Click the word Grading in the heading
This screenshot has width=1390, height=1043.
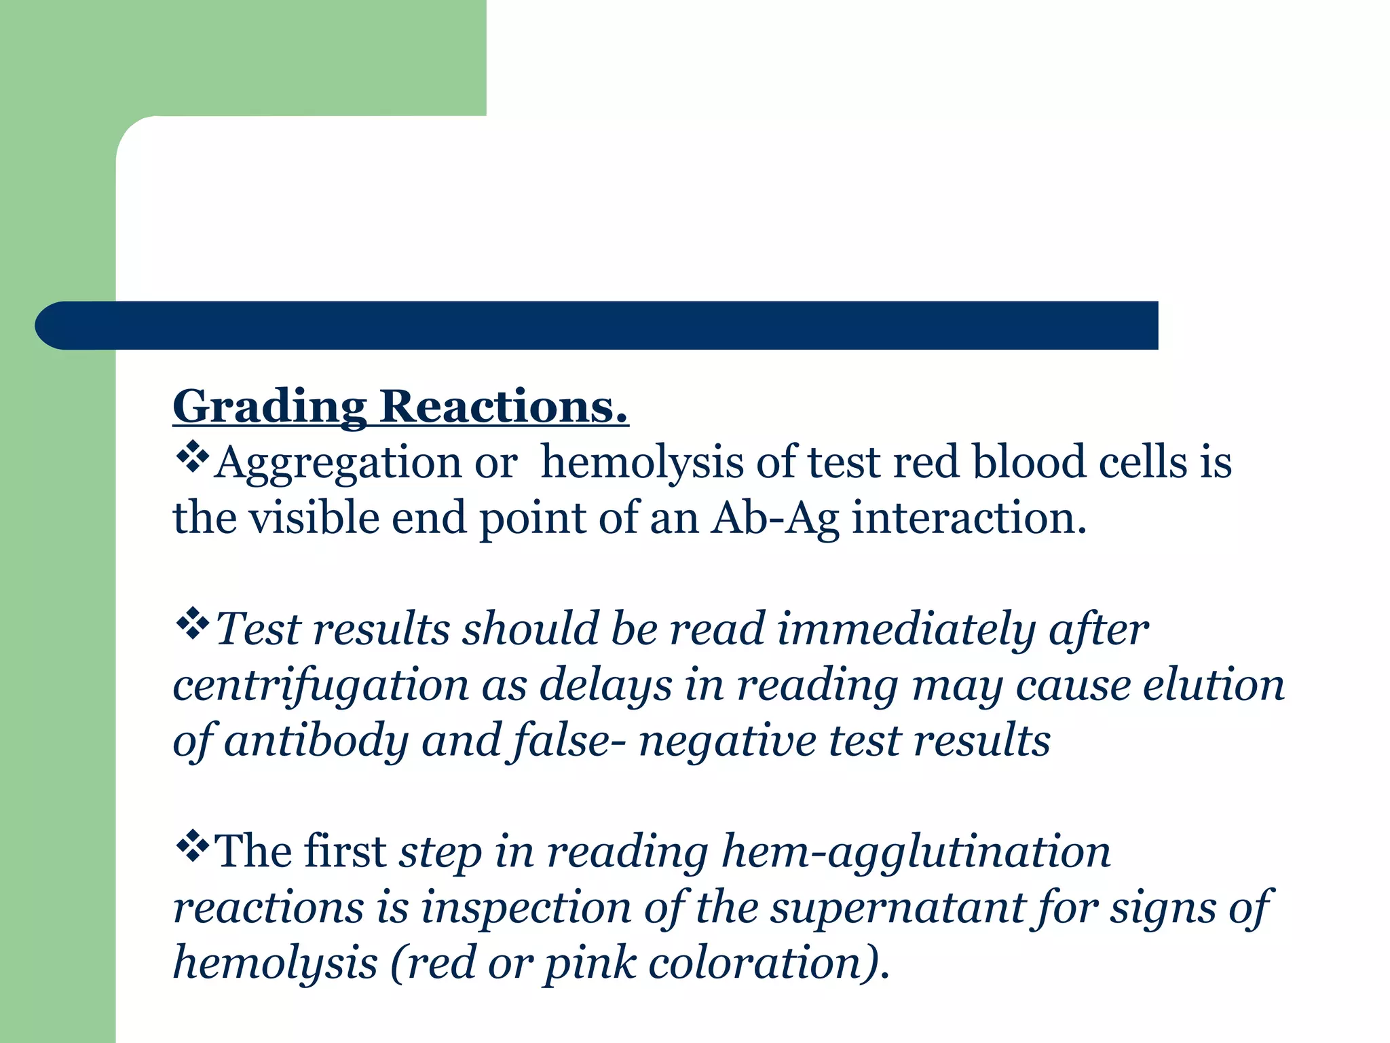[x=269, y=407]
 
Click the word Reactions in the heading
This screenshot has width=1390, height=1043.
[x=503, y=407]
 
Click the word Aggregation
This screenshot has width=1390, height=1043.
[x=337, y=464]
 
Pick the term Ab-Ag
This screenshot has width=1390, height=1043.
[x=774, y=519]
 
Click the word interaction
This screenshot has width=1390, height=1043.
[x=969, y=519]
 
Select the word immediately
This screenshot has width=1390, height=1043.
[x=906, y=629]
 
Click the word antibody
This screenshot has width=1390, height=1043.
[x=316, y=741]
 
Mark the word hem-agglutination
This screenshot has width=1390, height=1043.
[x=916, y=852]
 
